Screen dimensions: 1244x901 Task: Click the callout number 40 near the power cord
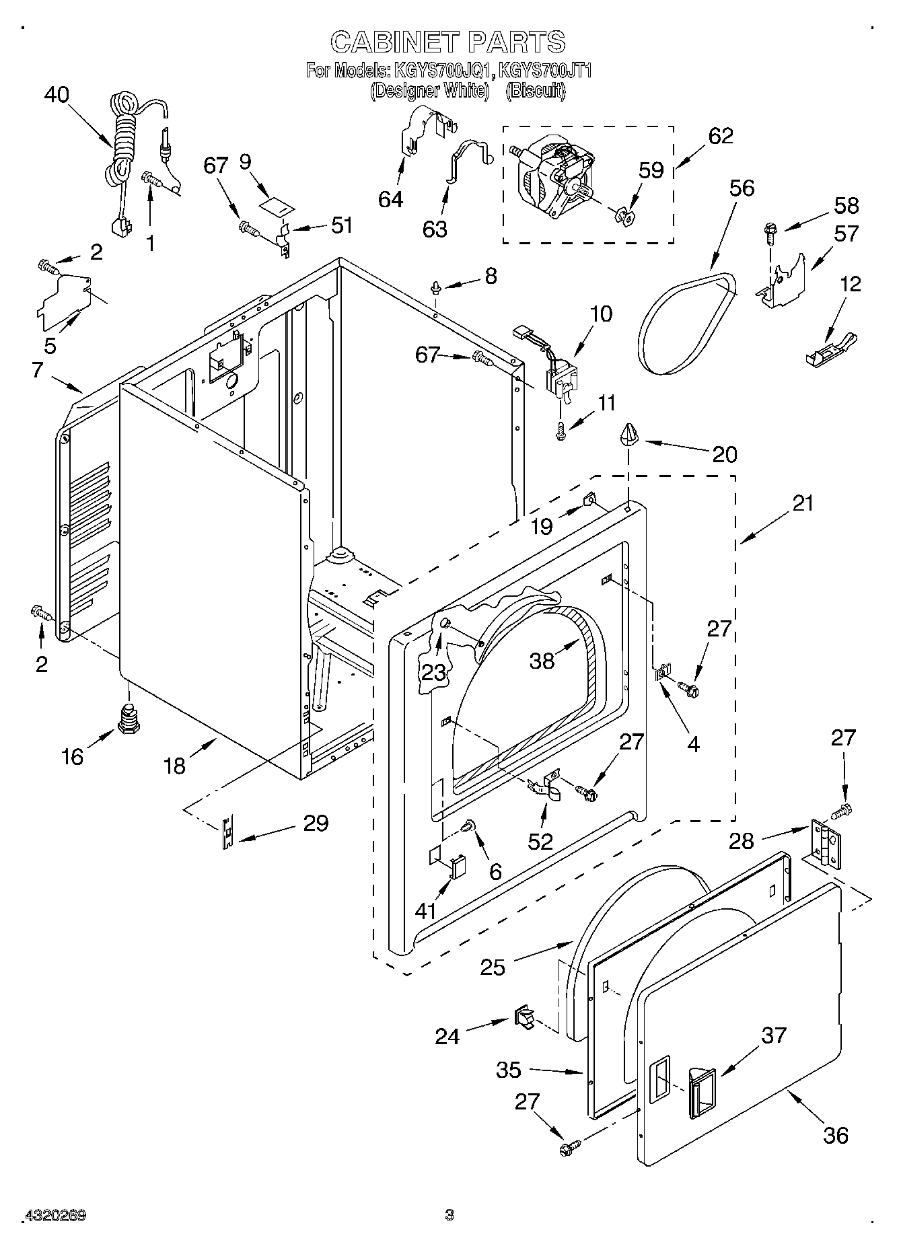pos(57,95)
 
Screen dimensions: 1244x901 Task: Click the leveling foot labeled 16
pos(128,719)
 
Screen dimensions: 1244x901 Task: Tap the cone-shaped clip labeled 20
pos(629,435)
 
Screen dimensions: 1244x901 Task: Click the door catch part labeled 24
pos(524,1017)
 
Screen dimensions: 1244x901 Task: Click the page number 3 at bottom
pos(449,1215)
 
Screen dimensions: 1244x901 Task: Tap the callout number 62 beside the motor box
pos(721,135)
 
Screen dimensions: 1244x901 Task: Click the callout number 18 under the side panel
pos(174,765)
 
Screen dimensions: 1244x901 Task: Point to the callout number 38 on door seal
pos(542,661)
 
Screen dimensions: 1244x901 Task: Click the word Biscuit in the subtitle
pos(535,91)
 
